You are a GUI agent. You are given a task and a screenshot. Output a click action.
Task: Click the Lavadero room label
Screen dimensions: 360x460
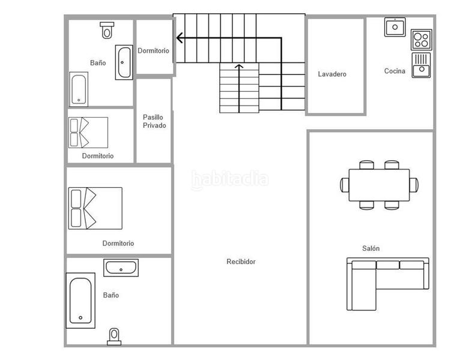pyautogui.click(x=332, y=74)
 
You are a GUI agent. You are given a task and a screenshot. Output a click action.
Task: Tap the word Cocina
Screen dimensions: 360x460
pyautogui.click(x=395, y=71)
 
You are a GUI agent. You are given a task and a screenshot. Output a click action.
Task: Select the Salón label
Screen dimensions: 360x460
pyautogui.click(x=371, y=248)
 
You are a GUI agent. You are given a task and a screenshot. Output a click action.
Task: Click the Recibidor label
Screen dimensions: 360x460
pyautogui.click(x=241, y=262)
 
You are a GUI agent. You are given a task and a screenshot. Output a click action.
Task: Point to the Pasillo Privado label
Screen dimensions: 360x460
pyautogui.click(x=154, y=121)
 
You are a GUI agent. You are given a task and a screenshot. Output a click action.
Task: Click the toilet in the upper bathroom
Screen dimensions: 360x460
pyautogui.click(x=107, y=30)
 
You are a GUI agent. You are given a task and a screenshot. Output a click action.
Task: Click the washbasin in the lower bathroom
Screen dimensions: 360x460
pyautogui.click(x=121, y=268)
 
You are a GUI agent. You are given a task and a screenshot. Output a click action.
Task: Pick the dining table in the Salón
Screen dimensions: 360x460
pyautogui.click(x=379, y=185)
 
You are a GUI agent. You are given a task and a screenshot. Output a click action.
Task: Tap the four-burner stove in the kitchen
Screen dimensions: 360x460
pyautogui.click(x=422, y=40)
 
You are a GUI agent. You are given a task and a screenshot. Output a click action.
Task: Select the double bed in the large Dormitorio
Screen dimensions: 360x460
pyautogui.click(x=95, y=208)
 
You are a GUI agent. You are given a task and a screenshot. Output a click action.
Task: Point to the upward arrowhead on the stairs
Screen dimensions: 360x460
pyautogui.click(x=239, y=66)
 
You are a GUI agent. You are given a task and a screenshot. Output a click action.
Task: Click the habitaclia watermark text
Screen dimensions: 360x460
pyautogui.click(x=230, y=178)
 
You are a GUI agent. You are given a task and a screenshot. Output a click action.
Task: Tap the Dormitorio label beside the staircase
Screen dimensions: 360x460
pyautogui.click(x=153, y=51)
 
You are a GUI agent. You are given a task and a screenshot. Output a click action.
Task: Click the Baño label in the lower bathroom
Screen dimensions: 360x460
pyautogui.click(x=111, y=295)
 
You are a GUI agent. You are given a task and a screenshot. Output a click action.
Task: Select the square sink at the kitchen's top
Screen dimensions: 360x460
pyautogui.click(x=395, y=27)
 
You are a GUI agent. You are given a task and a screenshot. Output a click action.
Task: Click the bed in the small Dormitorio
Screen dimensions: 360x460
pyautogui.click(x=88, y=132)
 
